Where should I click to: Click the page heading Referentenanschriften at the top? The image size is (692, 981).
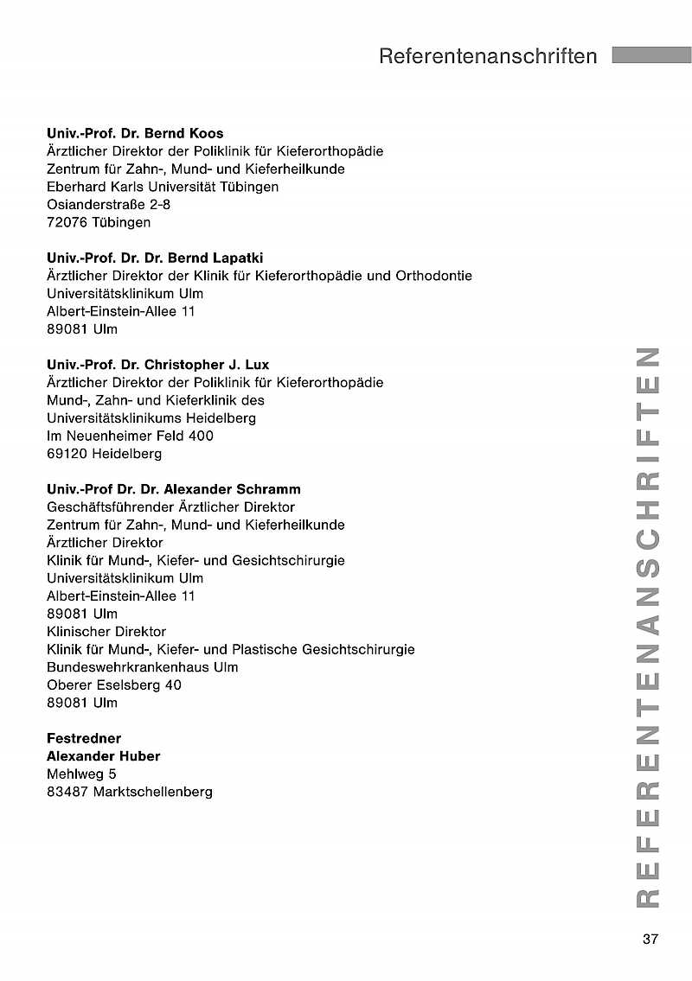click(488, 56)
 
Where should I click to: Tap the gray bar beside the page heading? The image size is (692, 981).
click(650, 55)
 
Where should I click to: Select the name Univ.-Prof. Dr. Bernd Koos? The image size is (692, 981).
click(135, 133)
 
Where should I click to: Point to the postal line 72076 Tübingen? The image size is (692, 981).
click(99, 222)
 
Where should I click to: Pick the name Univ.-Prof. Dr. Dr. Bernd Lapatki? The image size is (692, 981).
click(155, 258)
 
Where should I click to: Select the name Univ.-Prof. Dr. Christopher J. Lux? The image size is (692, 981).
click(158, 365)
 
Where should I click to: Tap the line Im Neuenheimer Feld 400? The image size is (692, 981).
click(130, 436)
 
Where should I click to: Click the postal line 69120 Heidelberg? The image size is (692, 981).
click(104, 453)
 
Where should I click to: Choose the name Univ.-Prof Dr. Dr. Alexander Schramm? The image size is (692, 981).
click(174, 489)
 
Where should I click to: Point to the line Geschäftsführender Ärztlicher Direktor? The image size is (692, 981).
click(170, 507)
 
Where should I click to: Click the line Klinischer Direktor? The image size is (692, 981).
click(106, 632)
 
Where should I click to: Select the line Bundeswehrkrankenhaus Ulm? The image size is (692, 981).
click(143, 667)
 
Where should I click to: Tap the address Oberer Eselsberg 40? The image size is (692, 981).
click(114, 685)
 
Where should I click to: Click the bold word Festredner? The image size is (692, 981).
click(84, 738)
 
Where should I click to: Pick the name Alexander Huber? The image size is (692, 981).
click(103, 756)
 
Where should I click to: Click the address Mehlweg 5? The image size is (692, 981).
click(81, 774)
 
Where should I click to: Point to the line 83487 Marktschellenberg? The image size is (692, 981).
click(130, 792)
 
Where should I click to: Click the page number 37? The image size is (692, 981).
click(650, 940)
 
